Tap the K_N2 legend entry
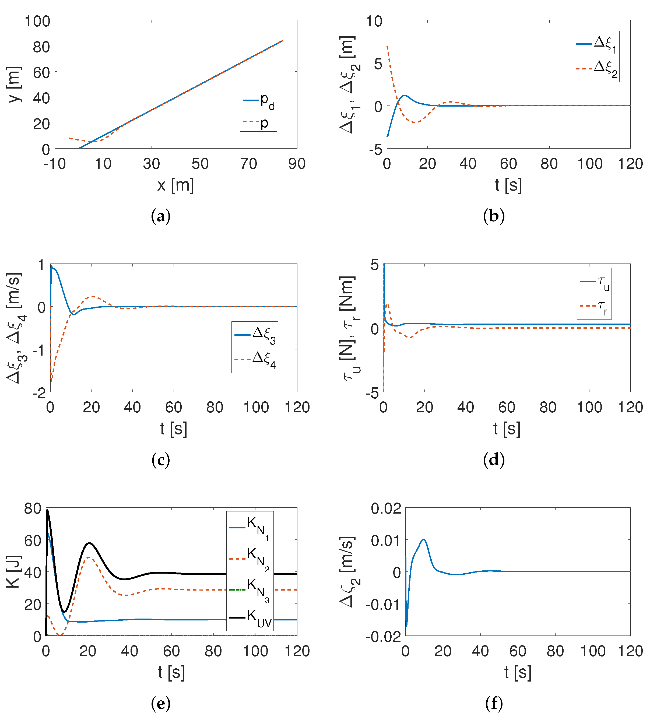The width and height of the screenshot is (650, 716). pos(250,559)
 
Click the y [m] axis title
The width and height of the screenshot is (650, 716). pos(14,84)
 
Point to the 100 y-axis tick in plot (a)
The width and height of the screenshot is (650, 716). pos(37,21)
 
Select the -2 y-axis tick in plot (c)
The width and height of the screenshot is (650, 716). pos(39,393)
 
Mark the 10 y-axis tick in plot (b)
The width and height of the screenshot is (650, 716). pos(374,21)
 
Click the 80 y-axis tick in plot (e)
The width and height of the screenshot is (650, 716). pos(33,508)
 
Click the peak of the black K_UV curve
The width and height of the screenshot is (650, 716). pos(47,510)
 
